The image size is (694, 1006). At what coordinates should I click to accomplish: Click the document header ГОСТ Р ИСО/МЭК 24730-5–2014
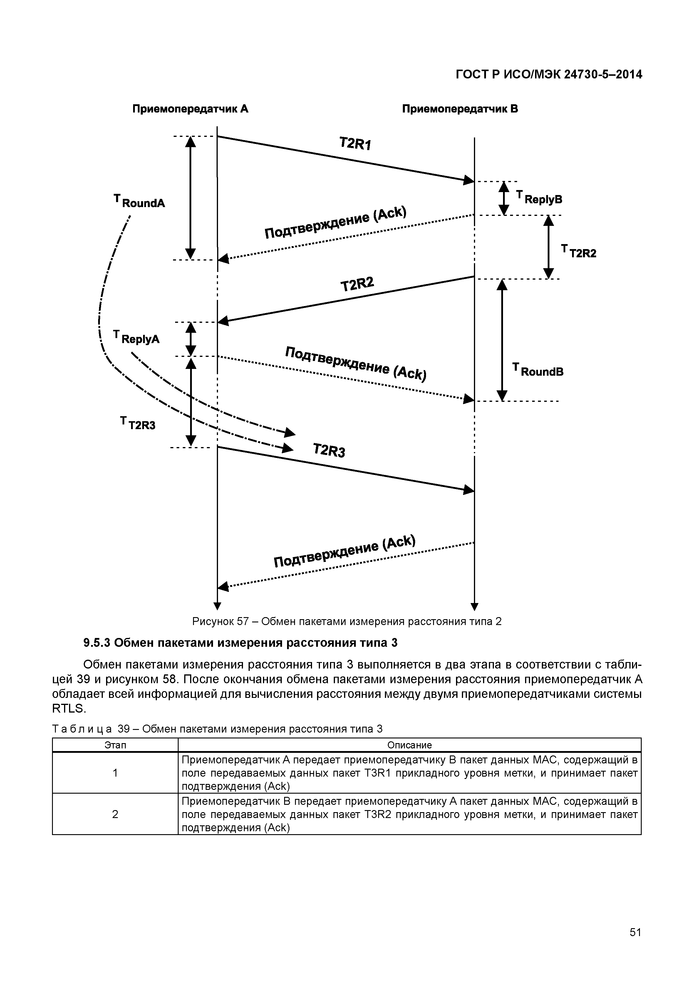[549, 75]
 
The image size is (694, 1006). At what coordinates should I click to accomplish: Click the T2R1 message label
[355, 143]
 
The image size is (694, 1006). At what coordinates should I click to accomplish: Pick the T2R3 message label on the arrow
[329, 450]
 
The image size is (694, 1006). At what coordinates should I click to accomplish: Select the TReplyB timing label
[539, 198]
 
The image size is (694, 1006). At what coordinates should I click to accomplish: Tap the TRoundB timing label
[538, 370]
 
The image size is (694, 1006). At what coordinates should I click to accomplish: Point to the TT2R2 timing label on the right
[579, 252]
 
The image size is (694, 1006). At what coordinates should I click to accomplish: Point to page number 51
[635, 932]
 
